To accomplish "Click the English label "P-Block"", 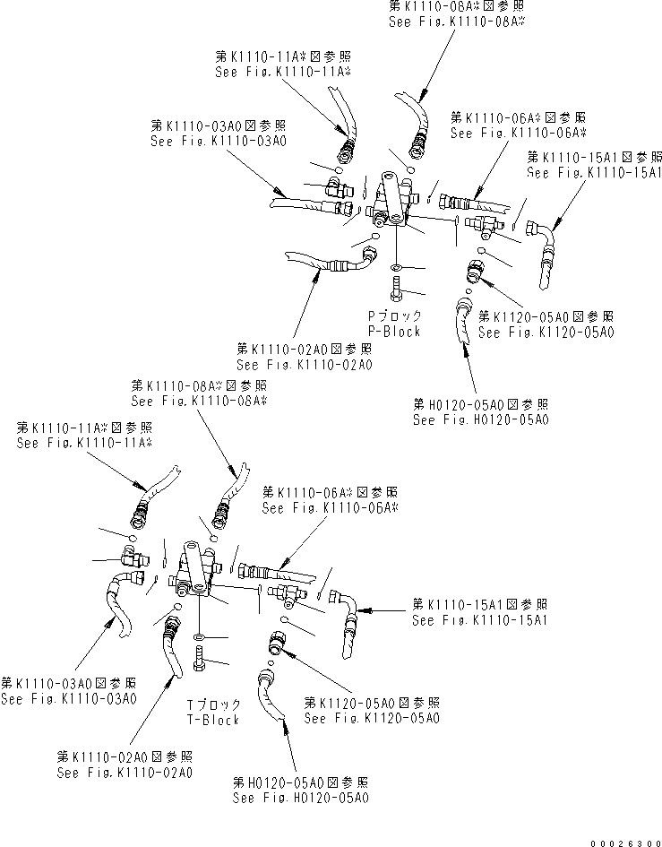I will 393,331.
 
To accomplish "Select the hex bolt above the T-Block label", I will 198,667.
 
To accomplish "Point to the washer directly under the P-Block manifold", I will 397,267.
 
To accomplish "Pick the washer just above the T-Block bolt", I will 198,639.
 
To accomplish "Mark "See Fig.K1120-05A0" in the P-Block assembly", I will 546,333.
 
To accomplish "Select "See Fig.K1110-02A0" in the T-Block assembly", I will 124,773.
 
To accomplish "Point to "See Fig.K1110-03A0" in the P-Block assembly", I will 206,141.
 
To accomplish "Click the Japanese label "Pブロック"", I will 393,316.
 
